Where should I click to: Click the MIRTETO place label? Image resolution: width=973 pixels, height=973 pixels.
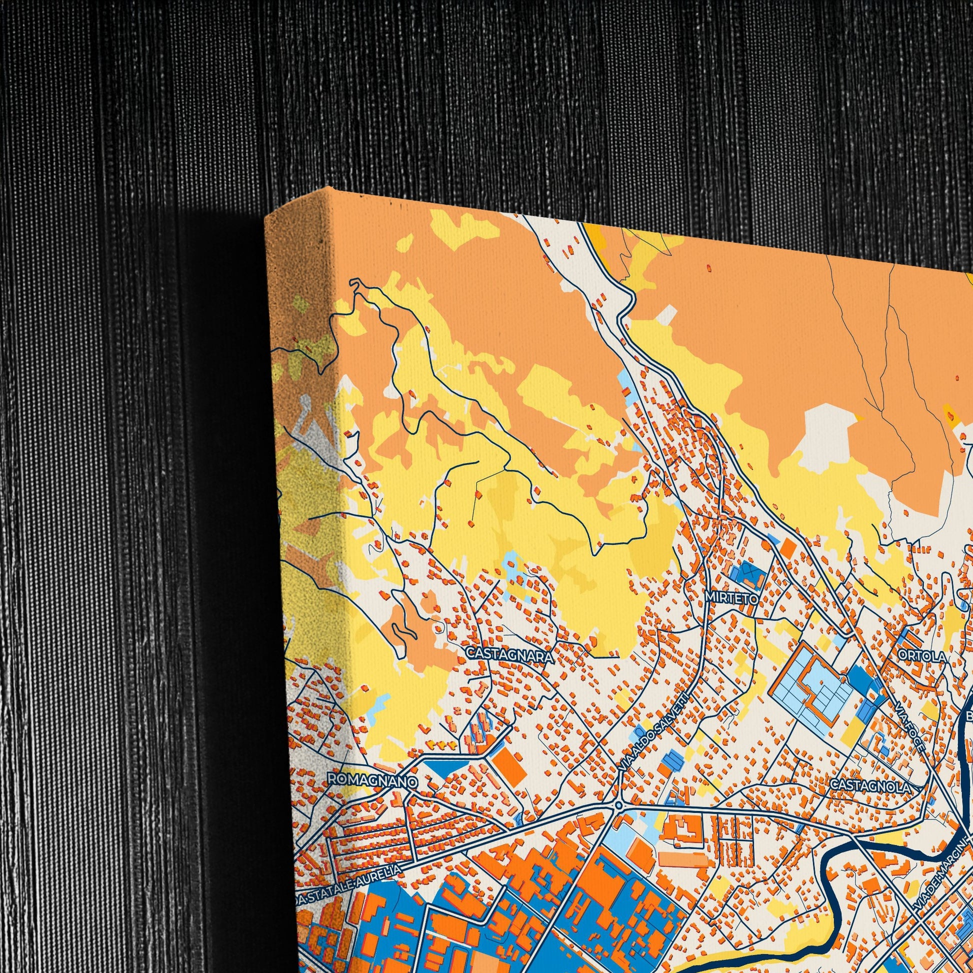pyautogui.click(x=732, y=598)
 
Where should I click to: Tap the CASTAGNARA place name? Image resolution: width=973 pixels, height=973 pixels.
pyautogui.click(x=509, y=654)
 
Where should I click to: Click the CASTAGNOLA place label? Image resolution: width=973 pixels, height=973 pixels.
pyautogui.click(x=870, y=785)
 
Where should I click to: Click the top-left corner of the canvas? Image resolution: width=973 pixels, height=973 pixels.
pyautogui.click(x=265, y=217)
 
